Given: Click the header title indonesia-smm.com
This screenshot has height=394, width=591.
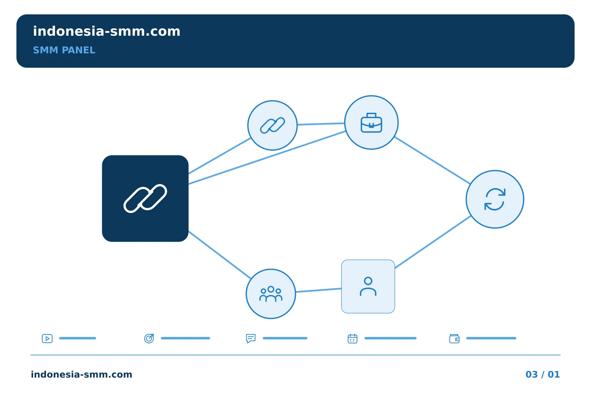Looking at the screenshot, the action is click(107, 31).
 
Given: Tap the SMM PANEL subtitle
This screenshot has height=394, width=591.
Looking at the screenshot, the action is click(64, 50).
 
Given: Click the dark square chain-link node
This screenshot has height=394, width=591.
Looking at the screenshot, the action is click(145, 199).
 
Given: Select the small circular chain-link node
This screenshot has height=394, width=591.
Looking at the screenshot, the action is click(272, 125).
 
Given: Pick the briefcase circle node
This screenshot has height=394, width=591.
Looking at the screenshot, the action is click(371, 122).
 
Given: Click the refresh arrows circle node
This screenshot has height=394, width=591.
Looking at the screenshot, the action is click(495, 199).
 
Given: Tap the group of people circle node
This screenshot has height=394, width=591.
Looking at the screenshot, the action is click(271, 294).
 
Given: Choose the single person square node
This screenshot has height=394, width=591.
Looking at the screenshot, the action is click(368, 286).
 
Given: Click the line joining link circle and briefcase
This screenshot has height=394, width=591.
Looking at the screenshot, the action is click(321, 124).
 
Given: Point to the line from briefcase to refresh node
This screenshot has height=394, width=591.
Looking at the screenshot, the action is click(433, 160).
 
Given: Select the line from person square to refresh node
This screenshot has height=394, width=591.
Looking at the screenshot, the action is click(433, 242).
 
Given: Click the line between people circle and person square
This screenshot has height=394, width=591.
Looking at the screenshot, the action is click(318, 290).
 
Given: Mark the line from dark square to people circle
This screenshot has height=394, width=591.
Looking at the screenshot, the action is click(220, 255).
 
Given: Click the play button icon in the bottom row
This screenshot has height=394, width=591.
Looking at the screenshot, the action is click(47, 338).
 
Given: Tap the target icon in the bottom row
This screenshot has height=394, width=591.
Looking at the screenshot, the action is click(149, 338).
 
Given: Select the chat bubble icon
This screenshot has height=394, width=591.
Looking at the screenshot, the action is click(251, 338).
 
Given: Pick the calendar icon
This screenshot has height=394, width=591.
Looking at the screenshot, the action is click(353, 338).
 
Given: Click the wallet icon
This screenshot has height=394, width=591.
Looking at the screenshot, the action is click(454, 339).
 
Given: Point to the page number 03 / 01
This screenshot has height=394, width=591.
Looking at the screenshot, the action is click(543, 374).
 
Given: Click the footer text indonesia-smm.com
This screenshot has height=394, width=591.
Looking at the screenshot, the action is click(82, 374).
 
